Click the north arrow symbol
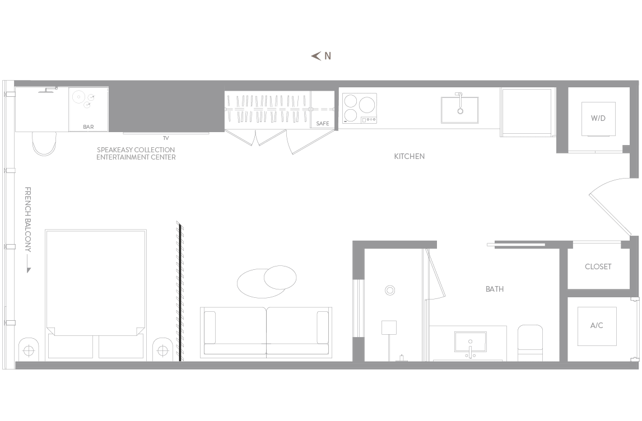[x=315, y=56]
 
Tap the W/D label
[x=598, y=118]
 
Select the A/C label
[x=597, y=326]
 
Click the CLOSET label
[x=598, y=266]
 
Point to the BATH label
[x=495, y=289]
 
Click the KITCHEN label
[x=410, y=156]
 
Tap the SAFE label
[x=323, y=124]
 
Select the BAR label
[x=89, y=127]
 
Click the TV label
[x=166, y=138]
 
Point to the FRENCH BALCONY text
[x=28, y=219]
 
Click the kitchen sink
[x=460, y=110]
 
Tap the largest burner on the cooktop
[x=367, y=104]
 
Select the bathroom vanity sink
[x=471, y=342]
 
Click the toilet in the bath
[x=530, y=343]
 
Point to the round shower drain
[x=390, y=291]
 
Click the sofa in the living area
[x=266, y=333]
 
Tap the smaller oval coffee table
[x=280, y=277]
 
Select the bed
[x=96, y=294]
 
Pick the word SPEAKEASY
[x=115, y=149]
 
